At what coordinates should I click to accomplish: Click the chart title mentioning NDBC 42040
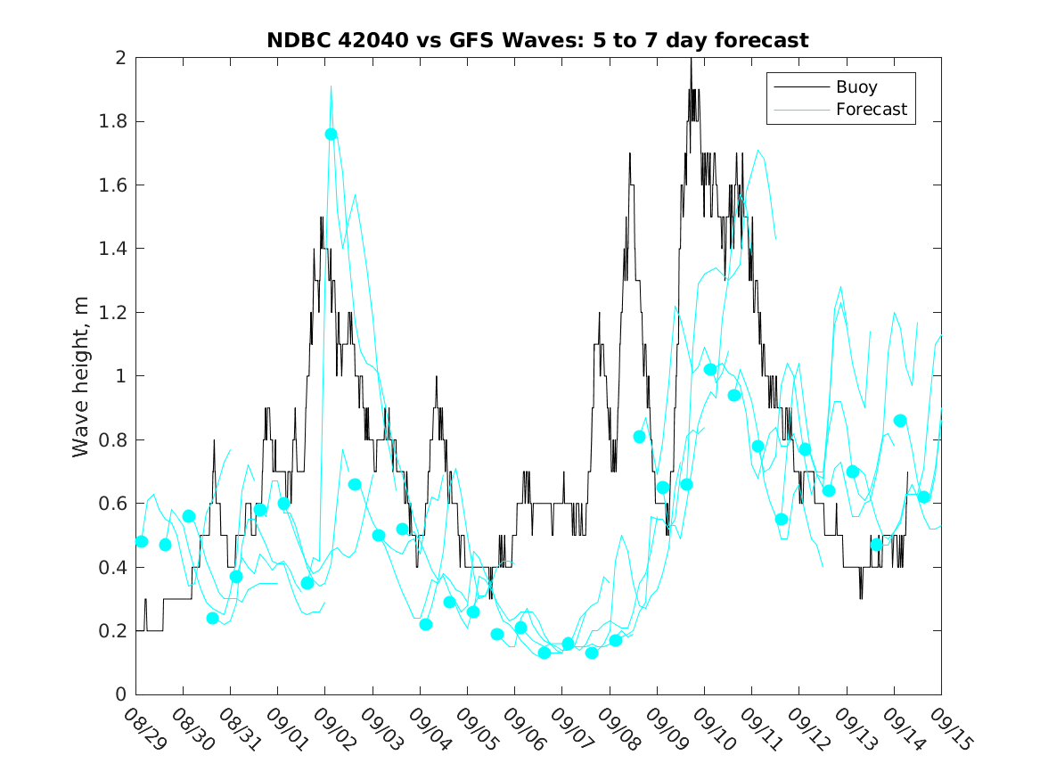point(537,41)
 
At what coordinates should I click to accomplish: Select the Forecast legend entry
point(871,110)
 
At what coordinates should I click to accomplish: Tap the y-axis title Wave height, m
point(81,376)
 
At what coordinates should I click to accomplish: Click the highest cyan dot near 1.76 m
point(331,134)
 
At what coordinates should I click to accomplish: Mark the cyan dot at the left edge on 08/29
point(141,541)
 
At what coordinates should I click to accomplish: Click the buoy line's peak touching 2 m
point(691,60)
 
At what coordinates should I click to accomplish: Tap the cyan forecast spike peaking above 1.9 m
point(331,86)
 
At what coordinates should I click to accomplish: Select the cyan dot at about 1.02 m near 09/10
point(710,369)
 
